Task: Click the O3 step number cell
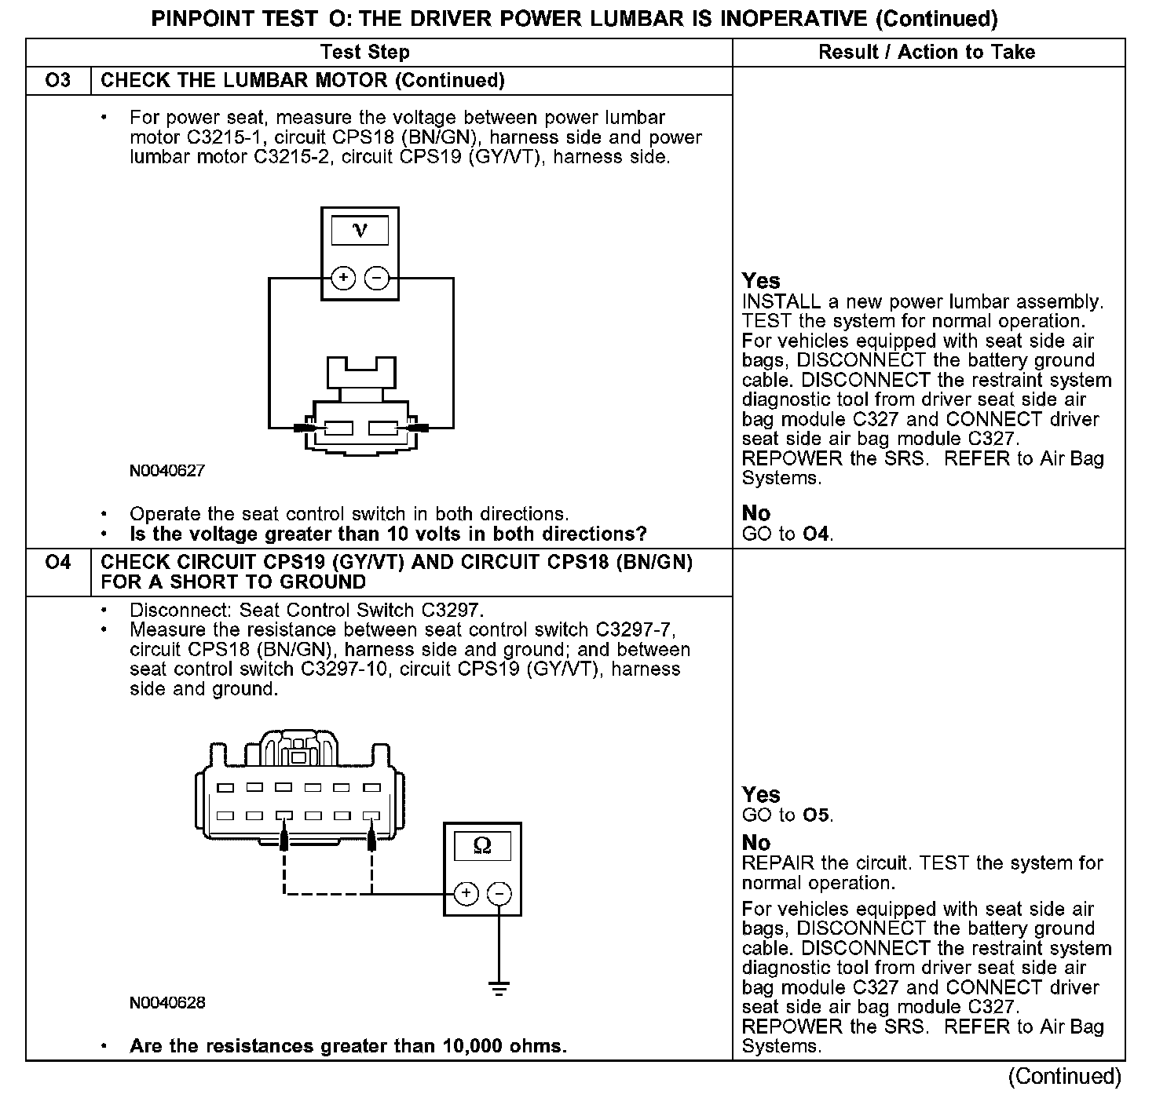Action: coord(58,81)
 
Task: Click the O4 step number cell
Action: coord(58,563)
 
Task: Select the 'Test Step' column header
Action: coord(365,53)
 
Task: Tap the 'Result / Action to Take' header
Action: coord(927,53)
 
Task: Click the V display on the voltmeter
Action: coord(360,231)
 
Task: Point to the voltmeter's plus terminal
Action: coord(343,278)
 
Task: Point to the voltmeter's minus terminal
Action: coord(377,278)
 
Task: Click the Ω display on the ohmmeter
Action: coord(482,845)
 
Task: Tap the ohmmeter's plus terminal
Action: coord(466,893)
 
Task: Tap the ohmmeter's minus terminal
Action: coord(499,893)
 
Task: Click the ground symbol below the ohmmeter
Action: coord(499,988)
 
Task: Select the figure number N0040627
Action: coord(167,471)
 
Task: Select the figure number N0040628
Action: coord(167,1003)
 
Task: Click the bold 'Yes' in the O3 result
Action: coord(761,281)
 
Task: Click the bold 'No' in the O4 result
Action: coord(756,843)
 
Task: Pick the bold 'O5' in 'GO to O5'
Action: coord(817,815)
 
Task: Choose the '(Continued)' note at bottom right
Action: coord(1064,1076)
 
